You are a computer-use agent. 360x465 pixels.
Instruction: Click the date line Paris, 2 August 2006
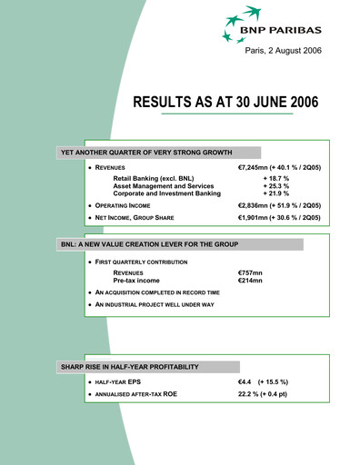click(x=291, y=59)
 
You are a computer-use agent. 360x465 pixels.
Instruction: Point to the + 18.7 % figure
click(x=264, y=180)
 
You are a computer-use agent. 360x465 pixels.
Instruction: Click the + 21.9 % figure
click(x=264, y=194)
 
